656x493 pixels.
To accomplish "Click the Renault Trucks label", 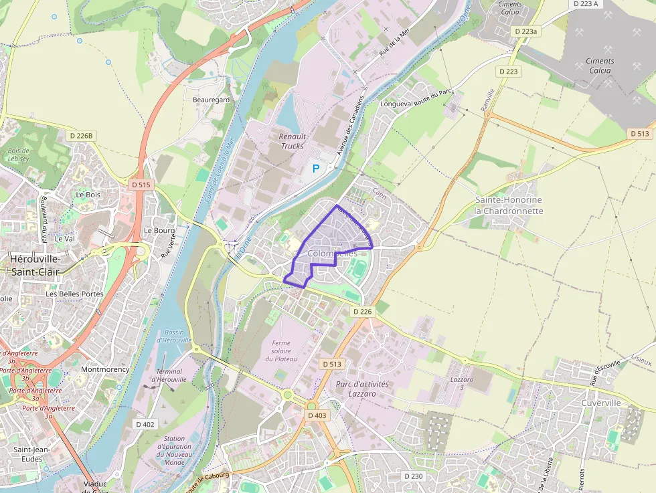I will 292,141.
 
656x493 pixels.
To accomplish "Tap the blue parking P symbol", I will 316,170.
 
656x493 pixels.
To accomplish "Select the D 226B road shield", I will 83,136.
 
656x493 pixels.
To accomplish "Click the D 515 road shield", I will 141,184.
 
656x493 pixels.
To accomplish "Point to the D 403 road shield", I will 317,415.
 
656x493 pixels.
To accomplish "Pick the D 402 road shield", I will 145,424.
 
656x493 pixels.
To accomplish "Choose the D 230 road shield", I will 414,476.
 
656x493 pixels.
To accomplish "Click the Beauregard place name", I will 211,100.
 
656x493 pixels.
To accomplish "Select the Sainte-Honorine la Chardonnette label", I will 509,205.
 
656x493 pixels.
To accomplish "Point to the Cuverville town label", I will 600,403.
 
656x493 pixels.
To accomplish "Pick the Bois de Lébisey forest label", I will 19,155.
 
